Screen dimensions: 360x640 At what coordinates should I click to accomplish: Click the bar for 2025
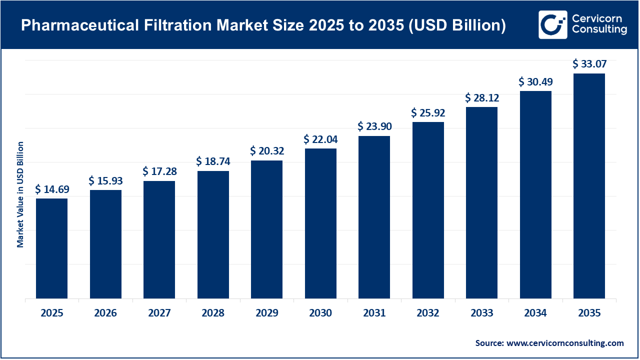click(x=52, y=248)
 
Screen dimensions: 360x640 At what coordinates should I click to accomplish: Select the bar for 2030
click(x=320, y=223)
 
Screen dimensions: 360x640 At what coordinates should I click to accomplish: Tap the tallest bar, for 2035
click(x=589, y=186)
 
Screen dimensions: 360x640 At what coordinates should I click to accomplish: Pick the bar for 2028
click(x=213, y=234)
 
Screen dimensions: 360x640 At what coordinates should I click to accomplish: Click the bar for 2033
click(x=481, y=202)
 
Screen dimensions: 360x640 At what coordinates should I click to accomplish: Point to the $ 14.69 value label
click(x=52, y=189)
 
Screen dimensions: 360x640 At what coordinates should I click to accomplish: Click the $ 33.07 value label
click(x=589, y=64)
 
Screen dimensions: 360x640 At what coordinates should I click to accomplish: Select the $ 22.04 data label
click(x=320, y=139)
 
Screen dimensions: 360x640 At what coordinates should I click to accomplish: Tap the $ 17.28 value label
click(x=159, y=171)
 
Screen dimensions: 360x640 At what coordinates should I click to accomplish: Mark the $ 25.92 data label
click(x=428, y=113)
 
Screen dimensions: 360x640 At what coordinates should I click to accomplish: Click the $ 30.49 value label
click(x=535, y=81)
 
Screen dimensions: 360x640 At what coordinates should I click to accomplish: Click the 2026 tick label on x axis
click(x=105, y=313)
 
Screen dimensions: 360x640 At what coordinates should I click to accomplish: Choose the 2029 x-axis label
click(x=267, y=313)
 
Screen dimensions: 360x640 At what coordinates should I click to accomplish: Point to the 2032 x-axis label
click(x=428, y=313)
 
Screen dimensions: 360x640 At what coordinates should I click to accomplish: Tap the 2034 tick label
click(x=535, y=313)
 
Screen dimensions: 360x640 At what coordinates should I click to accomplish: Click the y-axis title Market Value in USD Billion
click(x=20, y=194)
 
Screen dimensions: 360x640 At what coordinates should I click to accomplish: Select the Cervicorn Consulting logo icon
click(x=552, y=24)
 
